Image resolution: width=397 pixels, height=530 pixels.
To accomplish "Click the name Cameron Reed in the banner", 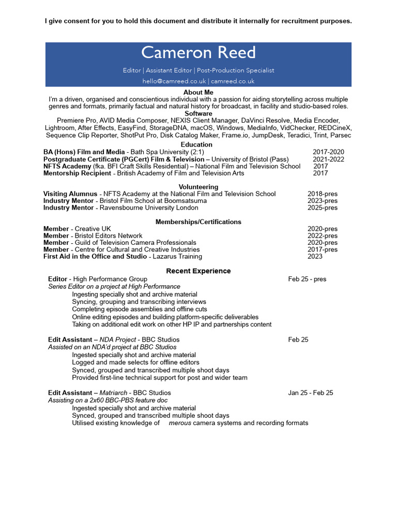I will click(198, 53).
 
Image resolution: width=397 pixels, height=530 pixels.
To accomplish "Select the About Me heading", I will click(198, 92).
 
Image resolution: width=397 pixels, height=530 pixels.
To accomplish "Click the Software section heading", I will click(198, 113).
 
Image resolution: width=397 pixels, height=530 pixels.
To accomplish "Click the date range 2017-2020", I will click(328, 152).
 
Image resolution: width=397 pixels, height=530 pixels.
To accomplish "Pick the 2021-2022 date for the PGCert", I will click(328, 159).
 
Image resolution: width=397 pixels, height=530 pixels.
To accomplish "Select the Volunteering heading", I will click(198, 187).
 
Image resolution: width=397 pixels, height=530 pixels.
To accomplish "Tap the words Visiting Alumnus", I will click(70, 194).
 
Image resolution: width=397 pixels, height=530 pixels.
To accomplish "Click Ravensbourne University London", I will click(149, 208).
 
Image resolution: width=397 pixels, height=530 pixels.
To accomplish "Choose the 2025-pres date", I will click(323, 208).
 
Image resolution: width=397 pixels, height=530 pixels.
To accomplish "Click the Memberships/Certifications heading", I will click(198, 222).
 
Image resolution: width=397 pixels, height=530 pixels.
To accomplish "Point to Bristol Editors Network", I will click(109, 236).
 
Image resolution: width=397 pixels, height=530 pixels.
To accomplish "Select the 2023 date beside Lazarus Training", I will click(315, 257).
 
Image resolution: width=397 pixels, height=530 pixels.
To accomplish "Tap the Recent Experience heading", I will click(198, 271).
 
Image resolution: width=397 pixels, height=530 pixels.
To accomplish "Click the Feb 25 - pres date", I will click(307, 279).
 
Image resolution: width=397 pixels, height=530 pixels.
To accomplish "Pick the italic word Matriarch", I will click(113, 393).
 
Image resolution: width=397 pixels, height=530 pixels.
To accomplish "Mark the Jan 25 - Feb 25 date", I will click(311, 393).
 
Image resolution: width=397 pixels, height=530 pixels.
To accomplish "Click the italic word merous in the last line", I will click(180, 423).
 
